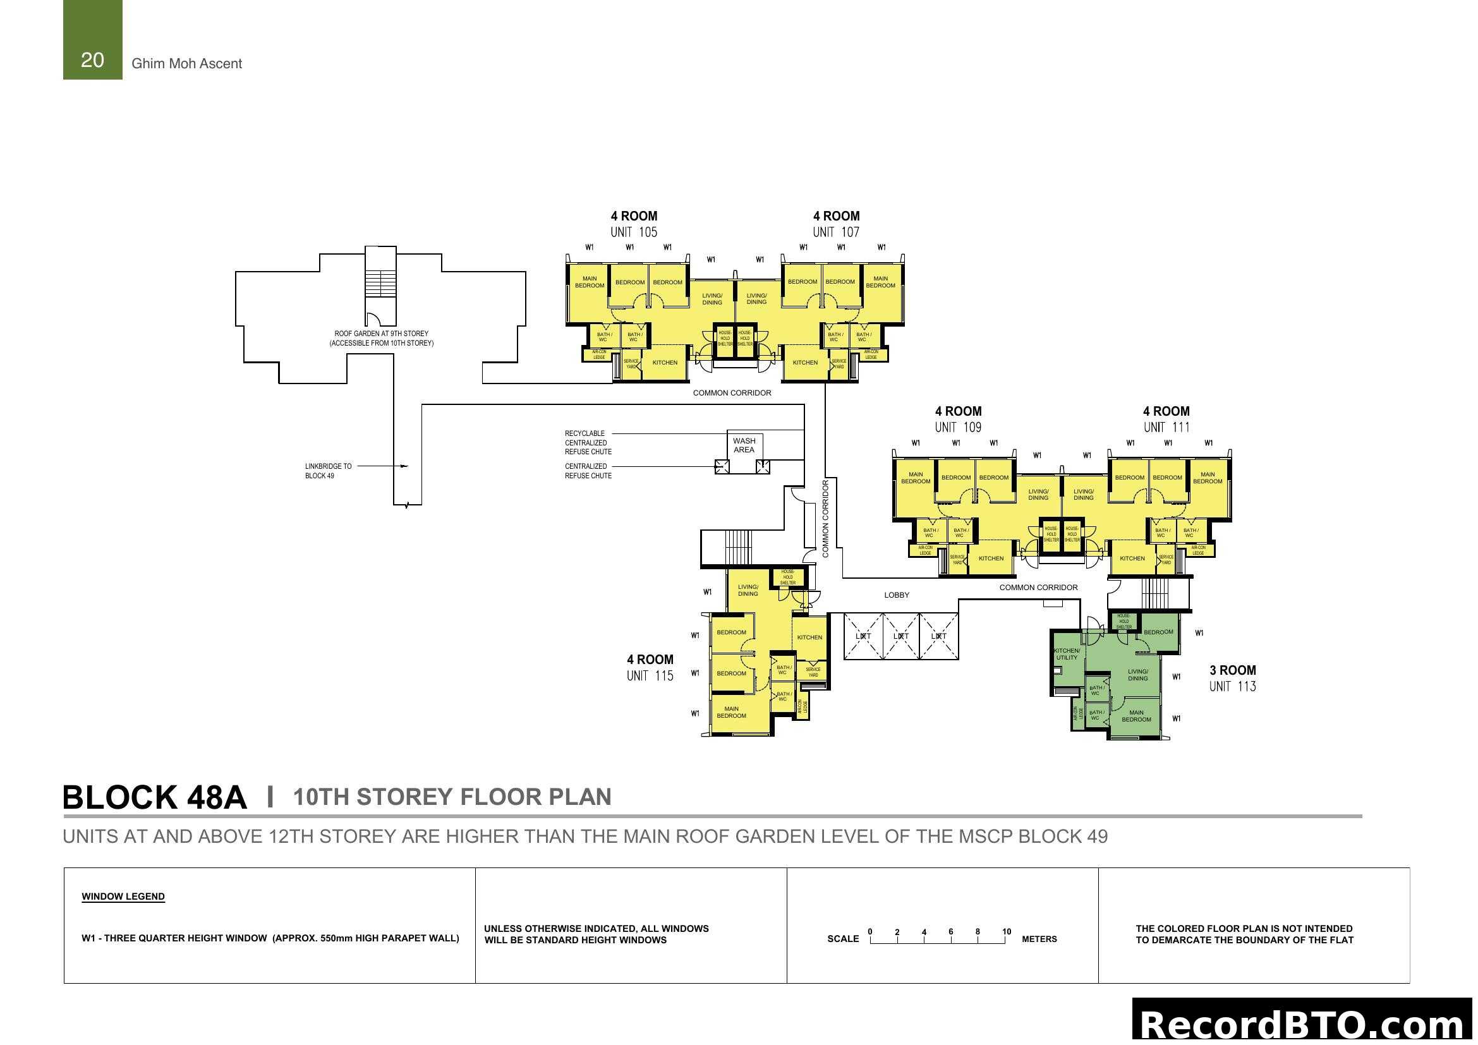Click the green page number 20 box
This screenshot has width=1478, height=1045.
point(93,40)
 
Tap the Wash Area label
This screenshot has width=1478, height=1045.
point(744,445)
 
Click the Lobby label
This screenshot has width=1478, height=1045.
point(897,595)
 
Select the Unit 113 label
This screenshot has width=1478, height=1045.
point(1233,687)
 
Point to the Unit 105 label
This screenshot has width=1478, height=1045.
point(634,233)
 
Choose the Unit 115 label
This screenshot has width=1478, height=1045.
point(650,675)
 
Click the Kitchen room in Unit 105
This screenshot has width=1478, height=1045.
point(665,363)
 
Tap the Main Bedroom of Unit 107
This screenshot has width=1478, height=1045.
point(881,282)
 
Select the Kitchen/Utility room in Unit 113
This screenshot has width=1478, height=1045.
point(1067,655)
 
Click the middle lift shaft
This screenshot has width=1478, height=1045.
point(900,636)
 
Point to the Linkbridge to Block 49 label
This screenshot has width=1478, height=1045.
point(329,471)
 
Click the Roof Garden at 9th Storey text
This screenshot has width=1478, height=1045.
point(381,334)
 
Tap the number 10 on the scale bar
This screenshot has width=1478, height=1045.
point(1007,932)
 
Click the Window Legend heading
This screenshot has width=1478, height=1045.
point(123,897)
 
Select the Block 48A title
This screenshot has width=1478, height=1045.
point(154,797)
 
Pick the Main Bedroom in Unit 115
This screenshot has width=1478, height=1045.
point(731,712)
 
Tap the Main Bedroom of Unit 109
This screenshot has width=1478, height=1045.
point(916,478)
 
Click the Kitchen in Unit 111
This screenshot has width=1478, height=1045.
point(1132,559)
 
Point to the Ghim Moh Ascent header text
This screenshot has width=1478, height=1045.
point(186,64)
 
